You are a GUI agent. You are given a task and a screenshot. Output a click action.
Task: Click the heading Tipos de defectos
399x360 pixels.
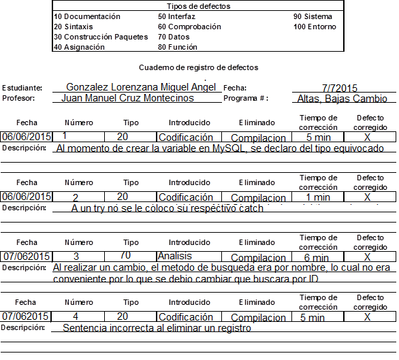(198, 6)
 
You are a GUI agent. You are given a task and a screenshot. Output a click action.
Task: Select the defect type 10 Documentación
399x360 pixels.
(86, 16)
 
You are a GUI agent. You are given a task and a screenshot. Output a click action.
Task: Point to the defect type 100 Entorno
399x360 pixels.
(315, 27)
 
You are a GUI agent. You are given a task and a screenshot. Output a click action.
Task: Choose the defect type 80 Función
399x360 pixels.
(177, 47)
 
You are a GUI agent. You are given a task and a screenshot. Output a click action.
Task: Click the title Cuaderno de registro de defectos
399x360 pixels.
(198, 67)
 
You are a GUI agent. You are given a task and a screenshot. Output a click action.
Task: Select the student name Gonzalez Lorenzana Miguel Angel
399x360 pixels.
(141, 87)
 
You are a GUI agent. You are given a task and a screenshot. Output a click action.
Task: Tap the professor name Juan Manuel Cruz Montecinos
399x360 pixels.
(127, 98)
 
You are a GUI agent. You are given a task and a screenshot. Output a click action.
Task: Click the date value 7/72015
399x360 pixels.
(340, 88)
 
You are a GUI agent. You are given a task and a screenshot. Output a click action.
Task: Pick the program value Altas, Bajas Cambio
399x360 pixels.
(342, 99)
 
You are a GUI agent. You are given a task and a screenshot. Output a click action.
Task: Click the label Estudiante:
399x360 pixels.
(22, 88)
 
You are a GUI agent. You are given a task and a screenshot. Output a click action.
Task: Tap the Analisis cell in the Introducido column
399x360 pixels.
(174, 257)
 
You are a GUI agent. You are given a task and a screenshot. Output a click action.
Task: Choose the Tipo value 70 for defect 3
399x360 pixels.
(125, 256)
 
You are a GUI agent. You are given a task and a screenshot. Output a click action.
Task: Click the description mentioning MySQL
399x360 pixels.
(220, 148)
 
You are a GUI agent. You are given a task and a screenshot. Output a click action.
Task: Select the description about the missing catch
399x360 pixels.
(167, 208)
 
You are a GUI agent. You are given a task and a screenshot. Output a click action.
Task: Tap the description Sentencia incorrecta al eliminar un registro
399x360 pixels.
(157, 328)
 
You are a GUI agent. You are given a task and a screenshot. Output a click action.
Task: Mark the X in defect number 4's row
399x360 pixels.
(367, 317)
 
